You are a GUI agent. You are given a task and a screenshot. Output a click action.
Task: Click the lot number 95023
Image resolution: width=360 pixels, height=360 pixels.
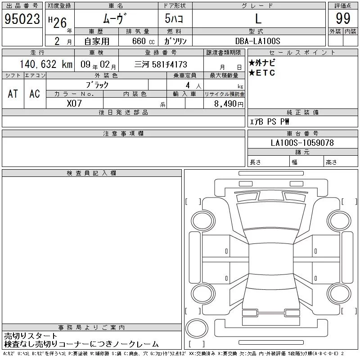22,18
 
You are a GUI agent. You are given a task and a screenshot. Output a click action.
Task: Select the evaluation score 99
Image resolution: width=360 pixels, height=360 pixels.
343,18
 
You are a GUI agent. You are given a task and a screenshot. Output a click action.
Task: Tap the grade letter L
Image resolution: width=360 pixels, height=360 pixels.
258,18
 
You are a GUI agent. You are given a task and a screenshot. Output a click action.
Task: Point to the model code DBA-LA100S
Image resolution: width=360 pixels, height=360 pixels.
257,41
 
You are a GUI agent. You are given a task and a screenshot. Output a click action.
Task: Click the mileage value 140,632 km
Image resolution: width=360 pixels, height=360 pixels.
46,64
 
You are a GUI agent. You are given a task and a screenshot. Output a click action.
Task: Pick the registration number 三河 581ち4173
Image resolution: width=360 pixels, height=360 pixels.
161,64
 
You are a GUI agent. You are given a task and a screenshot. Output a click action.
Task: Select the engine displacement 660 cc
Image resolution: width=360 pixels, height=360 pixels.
144,41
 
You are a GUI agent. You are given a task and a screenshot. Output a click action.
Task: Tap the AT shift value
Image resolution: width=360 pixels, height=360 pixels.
13,94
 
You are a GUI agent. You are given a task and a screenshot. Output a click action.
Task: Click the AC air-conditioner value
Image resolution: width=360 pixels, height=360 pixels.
35,94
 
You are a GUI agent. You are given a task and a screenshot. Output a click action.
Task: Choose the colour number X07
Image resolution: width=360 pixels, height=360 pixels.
74,103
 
